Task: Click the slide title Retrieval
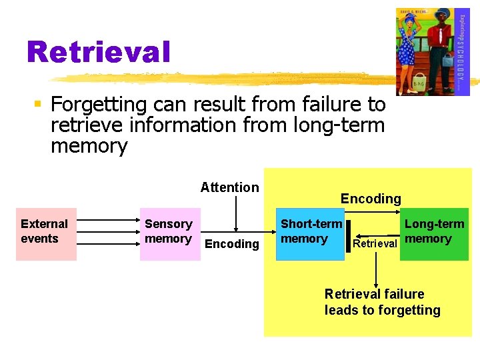click(x=98, y=52)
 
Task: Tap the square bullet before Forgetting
click(x=38, y=105)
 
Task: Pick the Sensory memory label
click(x=169, y=231)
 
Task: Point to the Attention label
click(x=229, y=187)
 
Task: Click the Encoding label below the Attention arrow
click(x=231, y=244)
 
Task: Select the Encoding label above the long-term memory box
click(x=371, y=199)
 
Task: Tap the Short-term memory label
click(x=311, y=231)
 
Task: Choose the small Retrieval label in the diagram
click(x=375, y=243)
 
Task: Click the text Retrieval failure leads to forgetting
click(x=382, y=302)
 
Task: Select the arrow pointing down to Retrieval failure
click(x=377, y=267)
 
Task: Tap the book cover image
click(x=432, y=51)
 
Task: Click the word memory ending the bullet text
click(x=89, y=146)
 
